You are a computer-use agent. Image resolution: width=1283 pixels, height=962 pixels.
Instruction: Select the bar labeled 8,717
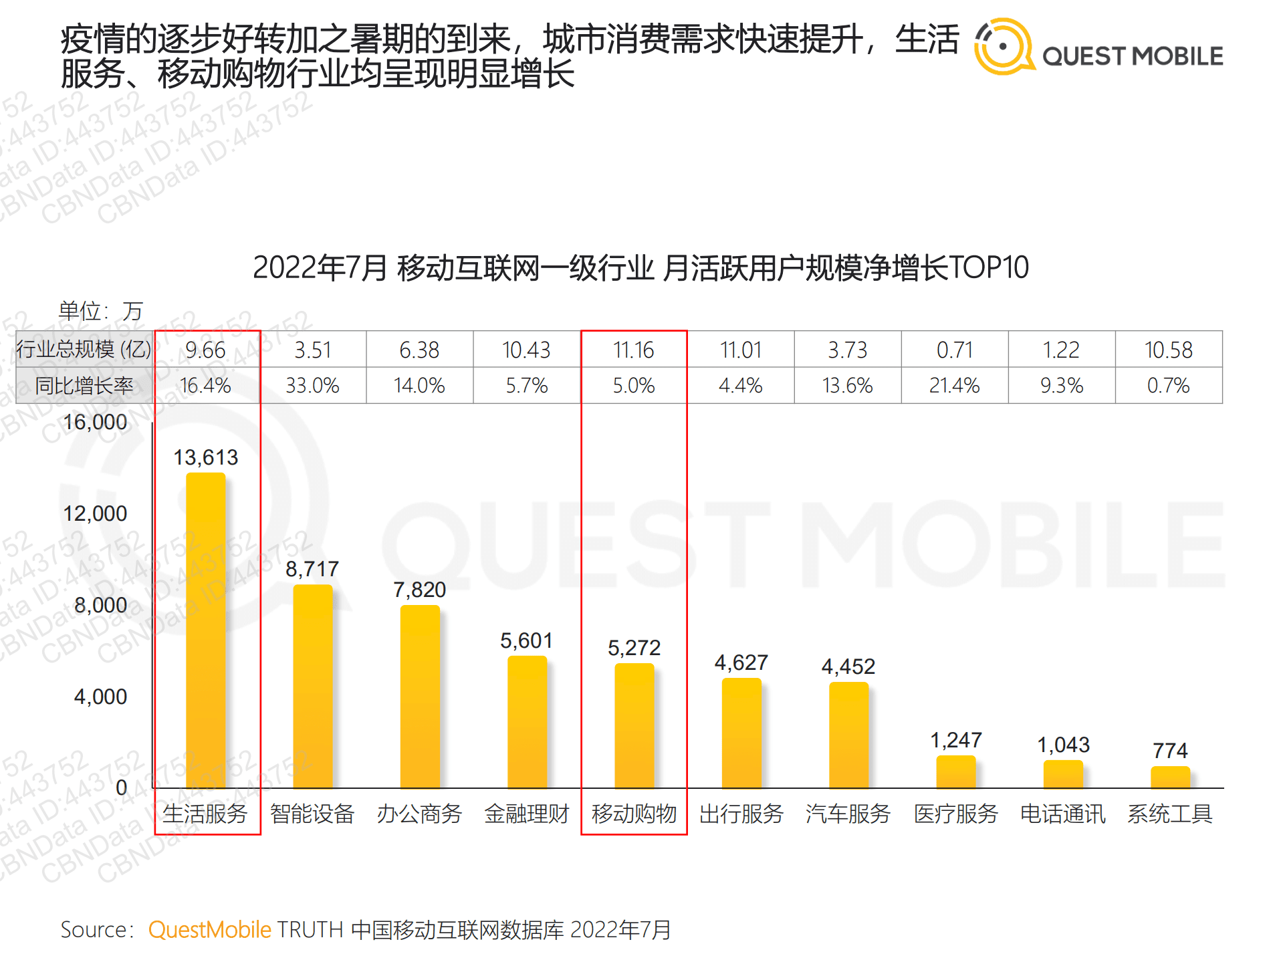coord(313,687)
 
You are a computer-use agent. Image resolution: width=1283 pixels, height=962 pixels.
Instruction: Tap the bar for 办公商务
coord(420,697)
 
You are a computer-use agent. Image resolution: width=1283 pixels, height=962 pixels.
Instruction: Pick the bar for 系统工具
coord(1170,777)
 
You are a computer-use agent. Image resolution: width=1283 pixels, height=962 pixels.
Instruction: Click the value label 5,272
coord(634,648)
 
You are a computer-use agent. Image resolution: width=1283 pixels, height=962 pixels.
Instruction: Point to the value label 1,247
coord(956,740)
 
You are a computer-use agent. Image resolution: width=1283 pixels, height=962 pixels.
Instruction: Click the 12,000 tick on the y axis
coord(95,513)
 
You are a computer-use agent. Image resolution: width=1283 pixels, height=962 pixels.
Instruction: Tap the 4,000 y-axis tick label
coord(100,697)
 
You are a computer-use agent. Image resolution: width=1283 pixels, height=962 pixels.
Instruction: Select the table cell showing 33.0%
coord(313,386)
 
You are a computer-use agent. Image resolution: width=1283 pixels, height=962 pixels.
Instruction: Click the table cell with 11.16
coord(634,350)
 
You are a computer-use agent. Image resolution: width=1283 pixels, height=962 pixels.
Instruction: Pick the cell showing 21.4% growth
coord(955,386)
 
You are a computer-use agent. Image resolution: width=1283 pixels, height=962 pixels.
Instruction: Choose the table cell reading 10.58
coord(1169,350)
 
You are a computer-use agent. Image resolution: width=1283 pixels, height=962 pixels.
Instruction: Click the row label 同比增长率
coord(84,386)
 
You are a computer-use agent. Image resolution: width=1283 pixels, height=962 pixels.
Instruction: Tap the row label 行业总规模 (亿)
coord(84,350)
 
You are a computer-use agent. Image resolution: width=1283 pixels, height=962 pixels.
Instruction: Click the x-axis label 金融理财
coord(527,814)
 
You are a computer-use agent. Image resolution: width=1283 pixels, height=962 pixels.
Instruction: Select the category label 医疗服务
coord(956,814)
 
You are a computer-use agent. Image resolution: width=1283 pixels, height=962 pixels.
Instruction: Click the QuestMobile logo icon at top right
coord(1002,47)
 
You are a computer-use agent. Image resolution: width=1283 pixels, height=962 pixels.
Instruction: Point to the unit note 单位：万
coord(100,311)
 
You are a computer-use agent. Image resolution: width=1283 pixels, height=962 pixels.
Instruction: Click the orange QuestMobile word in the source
coord(209,929)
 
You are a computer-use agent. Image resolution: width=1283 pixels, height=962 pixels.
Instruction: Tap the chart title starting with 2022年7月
coord(640,267)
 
